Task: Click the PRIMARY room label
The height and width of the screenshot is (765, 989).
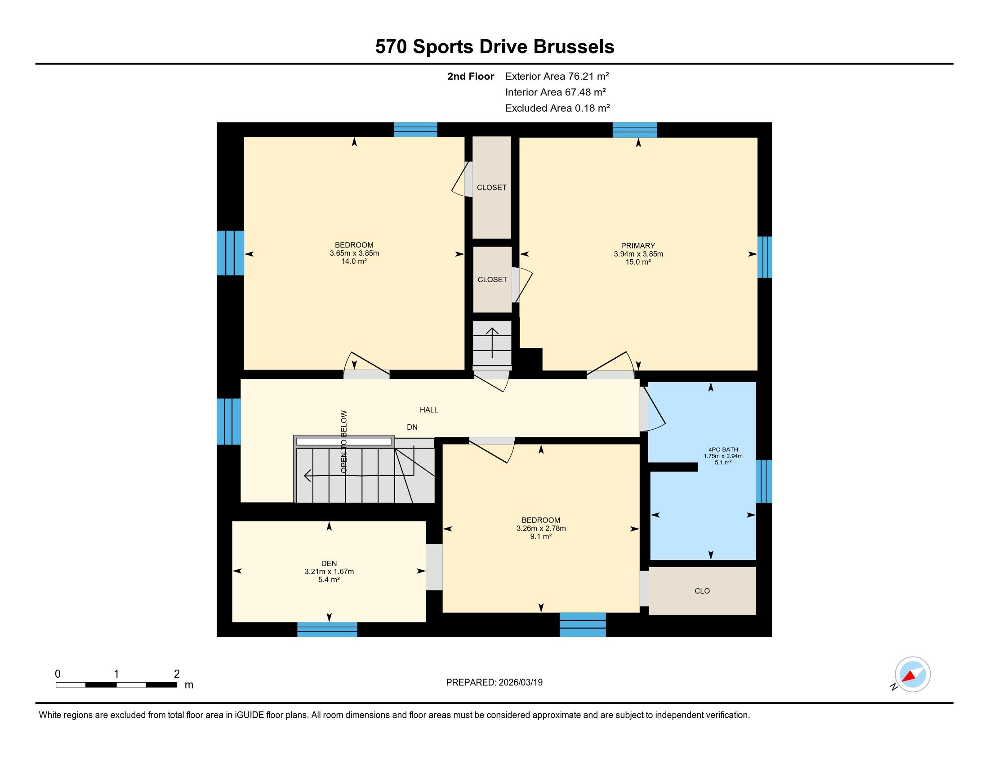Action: coord(638,246)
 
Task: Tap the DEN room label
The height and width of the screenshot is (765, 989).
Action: coord(329,564)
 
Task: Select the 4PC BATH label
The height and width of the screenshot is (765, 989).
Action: coord(723,450)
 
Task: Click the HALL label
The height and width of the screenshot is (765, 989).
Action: coord(429,410)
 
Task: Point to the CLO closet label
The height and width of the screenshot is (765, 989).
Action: coord(702,591)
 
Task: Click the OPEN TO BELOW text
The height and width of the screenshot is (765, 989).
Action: coord(344,442)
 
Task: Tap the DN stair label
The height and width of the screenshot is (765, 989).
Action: coord(412,427)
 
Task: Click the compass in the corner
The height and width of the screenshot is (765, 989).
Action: coord(913,674)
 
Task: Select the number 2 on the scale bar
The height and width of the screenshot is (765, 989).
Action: coord(177,674)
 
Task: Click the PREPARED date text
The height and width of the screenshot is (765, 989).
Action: coord(494,683)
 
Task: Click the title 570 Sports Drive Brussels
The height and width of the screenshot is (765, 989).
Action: coord(494,47)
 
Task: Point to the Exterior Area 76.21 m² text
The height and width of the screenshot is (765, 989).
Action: coord(557,76)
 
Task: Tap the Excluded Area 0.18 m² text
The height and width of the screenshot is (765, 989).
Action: coord(557,108)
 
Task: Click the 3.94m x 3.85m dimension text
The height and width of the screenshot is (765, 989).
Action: coord(638,254)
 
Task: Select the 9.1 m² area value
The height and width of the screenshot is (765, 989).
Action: coord(541,536)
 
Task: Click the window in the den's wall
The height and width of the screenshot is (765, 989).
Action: coord(327,630)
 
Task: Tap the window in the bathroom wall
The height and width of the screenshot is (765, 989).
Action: coord(764,481)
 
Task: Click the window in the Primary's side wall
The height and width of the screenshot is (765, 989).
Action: coord(765,257)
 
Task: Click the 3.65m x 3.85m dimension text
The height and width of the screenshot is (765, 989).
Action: coord(354,253)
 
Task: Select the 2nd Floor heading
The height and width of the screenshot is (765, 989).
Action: coord(471,76)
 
